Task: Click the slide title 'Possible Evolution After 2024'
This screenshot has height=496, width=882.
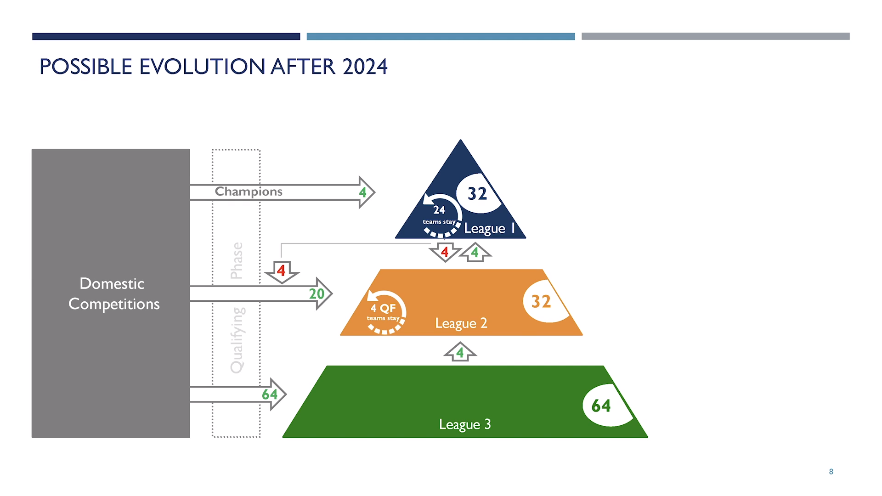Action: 214,67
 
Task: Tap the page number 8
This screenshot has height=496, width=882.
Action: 831,472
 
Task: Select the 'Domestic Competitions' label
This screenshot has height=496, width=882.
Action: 113,294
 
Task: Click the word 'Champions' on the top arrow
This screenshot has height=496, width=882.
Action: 249,192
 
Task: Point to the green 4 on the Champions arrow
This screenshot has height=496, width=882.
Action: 362,192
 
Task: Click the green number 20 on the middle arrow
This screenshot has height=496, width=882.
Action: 317,293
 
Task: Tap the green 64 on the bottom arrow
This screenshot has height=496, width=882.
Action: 270,394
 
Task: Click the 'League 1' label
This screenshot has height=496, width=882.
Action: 489,228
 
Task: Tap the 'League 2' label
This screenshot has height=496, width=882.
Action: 461,323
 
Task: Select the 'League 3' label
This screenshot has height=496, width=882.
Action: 465,424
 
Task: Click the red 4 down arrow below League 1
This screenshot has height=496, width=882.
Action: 445,252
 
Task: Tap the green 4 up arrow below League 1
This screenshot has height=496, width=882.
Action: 475,252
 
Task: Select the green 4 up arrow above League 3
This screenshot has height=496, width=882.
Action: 460,352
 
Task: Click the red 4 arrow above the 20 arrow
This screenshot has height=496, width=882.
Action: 282,271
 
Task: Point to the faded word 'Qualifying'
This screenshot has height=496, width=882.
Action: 237,340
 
